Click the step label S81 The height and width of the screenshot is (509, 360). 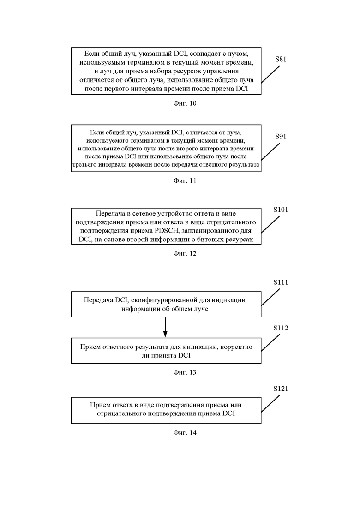click(x=281, y=59)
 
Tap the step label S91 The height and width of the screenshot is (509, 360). click(x=281, y=136)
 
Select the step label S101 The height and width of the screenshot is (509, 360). click(x=281, y=210)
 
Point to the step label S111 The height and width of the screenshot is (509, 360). click(x=281, y=282)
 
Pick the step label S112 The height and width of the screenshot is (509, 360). click(x=281, y=328)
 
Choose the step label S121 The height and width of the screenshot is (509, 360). click(x=281, y=389)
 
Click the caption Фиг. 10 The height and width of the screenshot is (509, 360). click(x=185, y=103)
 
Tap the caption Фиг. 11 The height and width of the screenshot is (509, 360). click(x=185, y=181)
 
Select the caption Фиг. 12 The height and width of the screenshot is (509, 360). click(x=185, y=253)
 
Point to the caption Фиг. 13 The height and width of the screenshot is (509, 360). click(x=185, y=372)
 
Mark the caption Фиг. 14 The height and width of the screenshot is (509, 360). click(x=185, y=433)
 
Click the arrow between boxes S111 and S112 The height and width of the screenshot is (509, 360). click(x=165, y=327)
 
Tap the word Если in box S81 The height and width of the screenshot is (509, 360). click(x=91, y=54)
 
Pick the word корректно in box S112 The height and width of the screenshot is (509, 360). click(x=236, y=347)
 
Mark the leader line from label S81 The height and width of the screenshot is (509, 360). click(x=270, y=75)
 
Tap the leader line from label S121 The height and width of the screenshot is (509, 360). click(x=270, y=404)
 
